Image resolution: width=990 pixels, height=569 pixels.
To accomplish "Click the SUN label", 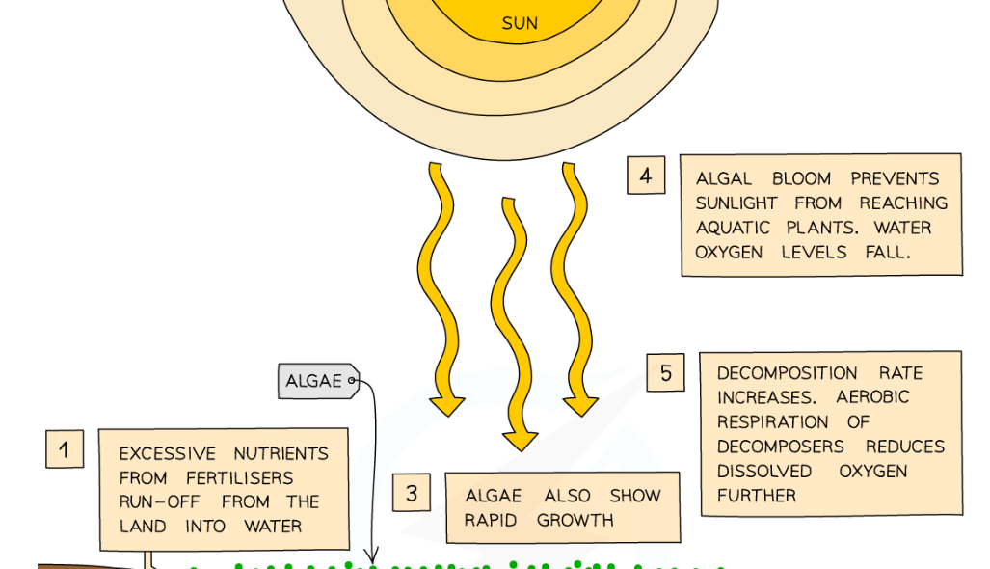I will (520, 23).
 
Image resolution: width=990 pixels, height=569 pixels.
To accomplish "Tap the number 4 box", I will (645, 176).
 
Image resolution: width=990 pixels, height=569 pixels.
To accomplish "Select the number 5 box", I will (665, 372).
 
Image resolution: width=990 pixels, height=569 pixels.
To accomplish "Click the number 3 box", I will (412, 494).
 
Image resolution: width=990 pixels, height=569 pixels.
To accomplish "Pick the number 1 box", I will (65, 449).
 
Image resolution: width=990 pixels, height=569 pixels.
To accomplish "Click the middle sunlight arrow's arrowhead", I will (520, 439).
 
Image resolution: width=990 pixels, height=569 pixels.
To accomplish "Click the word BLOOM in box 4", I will (802, 179).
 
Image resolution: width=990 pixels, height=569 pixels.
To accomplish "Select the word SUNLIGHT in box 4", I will (736, 203).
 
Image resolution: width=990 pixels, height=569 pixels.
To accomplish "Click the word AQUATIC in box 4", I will (733, 228).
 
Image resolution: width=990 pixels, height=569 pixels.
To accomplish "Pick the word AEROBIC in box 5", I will (872, 397).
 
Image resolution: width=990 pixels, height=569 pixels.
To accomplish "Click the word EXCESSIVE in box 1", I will (167, 453).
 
